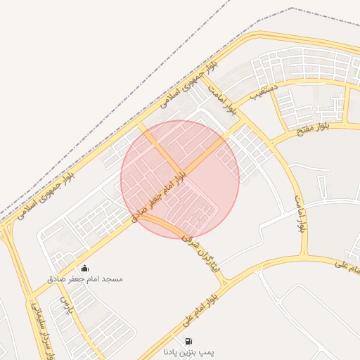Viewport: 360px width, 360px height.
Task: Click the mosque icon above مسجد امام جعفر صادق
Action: [85, 268]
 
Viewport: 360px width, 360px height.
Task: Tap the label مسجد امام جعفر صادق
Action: [85, 279]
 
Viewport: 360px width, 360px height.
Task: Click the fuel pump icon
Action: [188, 341]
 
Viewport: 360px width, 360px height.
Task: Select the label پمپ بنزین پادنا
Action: [188, 351]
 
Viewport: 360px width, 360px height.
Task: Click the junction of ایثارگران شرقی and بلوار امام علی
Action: [224, 281]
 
